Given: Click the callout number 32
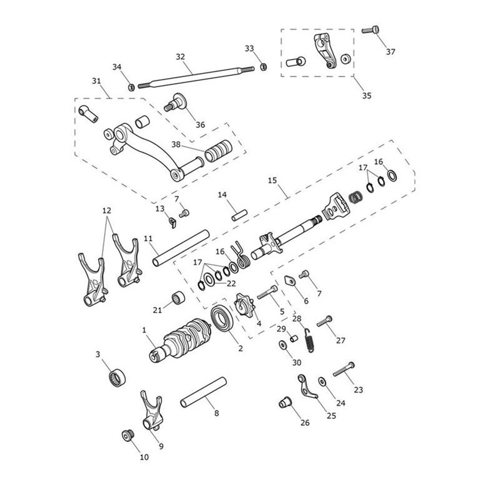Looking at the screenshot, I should coord(180,57).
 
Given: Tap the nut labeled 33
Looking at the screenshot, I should coord(263,66).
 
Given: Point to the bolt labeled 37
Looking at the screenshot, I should coord(370,30).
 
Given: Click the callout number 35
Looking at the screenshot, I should coord(367,96).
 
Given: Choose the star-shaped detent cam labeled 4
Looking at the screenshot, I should coord(128,436).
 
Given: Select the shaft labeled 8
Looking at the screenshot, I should coord(202,392).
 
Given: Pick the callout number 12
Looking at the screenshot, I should coord(106,211).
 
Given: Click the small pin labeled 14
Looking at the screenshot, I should coord(238,214).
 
